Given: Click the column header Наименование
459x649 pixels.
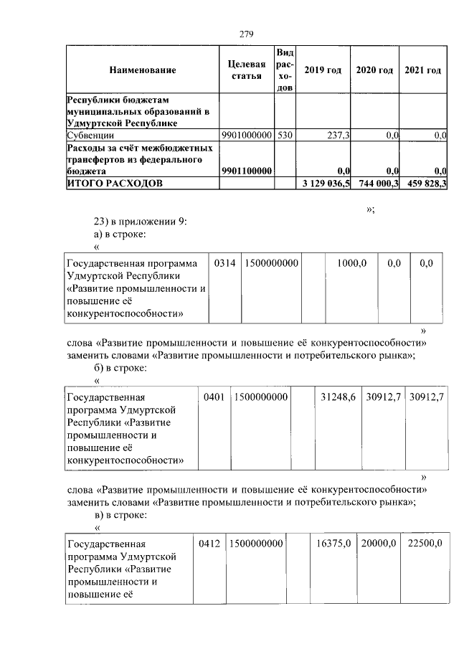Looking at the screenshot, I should coord(142,70).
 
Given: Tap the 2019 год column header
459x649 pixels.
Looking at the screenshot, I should coord(322,70).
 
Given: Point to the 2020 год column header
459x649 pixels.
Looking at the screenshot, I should coord(374,70).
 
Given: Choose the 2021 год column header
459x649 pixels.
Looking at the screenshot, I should coord(422,70).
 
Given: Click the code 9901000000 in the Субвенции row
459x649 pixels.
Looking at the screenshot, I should coord(247,135).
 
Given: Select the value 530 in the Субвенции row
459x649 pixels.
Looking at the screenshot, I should coord(285,135).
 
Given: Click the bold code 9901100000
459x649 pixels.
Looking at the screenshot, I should coord(247,171).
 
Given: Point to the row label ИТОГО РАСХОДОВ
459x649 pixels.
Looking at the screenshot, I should coord(115,184).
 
